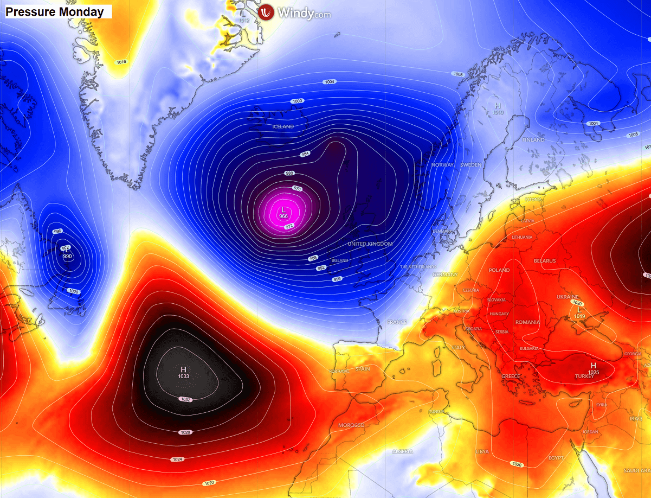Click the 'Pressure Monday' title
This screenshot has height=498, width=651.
click(x=55, y=12)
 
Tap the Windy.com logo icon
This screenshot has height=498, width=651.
click(x=266, y=12)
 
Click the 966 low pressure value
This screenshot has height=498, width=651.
click(x=283, y=216)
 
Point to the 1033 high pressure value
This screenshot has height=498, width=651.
click(x=183, y=376)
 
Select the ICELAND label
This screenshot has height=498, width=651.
click(x=282, y=126)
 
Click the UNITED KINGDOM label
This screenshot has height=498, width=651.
click(x=370, y=244)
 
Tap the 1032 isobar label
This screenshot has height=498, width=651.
click(x=186, y=399)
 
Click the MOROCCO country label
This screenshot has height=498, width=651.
click(x=351, y=425)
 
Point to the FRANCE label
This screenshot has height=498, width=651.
click(x=397, y=322)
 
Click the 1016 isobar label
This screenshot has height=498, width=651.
click(x=121, y=62)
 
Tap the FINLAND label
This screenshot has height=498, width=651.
click(x=533, y=140)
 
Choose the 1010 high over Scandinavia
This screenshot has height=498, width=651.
click(x=498, y=112)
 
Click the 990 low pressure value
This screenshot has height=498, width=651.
click(x=68, y=256)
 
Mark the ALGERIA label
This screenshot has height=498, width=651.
click(x=402, y=451)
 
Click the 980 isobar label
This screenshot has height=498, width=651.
click(x=289, y=174)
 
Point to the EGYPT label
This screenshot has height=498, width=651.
click(x=556, y=458)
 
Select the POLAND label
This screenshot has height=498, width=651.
click(x=499, y=270)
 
